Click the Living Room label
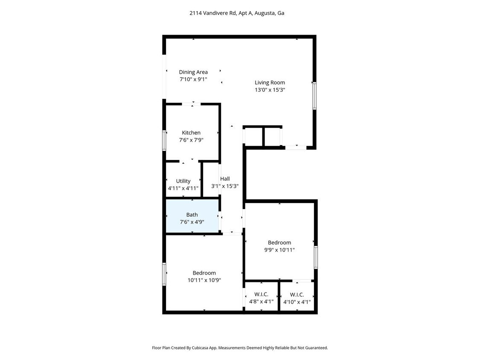[x=270, y=82]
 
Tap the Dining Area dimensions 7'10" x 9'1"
[x=193, y=79]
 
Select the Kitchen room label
[x=191, y=133]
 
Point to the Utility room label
[x=183, y=181]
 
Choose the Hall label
[x=225, y=179]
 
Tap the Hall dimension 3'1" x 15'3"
[x=225, y=186]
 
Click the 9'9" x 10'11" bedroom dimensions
[x=279, y=250]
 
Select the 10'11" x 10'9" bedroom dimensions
[x=204, y=280]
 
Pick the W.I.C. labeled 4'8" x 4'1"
[x=261, y=298]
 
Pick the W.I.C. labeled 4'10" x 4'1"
[x=297, y=298]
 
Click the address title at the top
[x=237, y=13]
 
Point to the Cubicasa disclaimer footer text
[x=240, y=348]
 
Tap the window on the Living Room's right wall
[x=314, y=96]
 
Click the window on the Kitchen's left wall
[x=164, y=140]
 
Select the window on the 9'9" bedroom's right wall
[x=316, y=257]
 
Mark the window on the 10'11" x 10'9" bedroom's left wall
[x=164, y=274]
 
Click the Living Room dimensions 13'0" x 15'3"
[x=270, y=90]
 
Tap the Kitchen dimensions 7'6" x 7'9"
[x=191, y=140]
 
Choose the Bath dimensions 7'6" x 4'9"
[x=192, y=222]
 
